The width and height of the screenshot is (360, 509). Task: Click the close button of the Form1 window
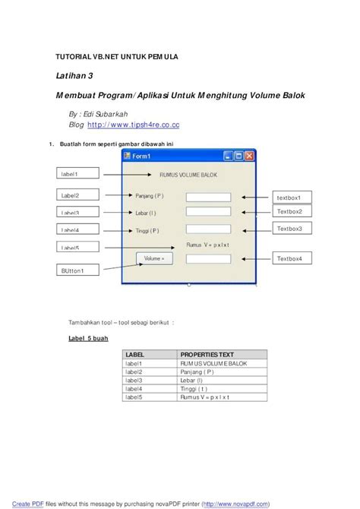click(x=248, y=156)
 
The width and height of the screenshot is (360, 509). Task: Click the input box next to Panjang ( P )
click(x=208, y=198)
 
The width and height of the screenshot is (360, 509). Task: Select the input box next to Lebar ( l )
click(x=208, y=213)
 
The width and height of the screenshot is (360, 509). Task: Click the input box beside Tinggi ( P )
click(x=208, y=229)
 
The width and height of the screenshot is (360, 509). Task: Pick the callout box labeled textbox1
click(x=292, y=198)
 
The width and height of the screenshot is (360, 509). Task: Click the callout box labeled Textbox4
click(x=292, y=259)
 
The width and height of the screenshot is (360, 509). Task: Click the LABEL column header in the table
click(x=150, y=354)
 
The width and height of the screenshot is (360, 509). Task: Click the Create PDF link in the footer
click(x=27, y=503)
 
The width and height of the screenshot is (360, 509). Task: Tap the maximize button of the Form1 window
click(x=238, y=156)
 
